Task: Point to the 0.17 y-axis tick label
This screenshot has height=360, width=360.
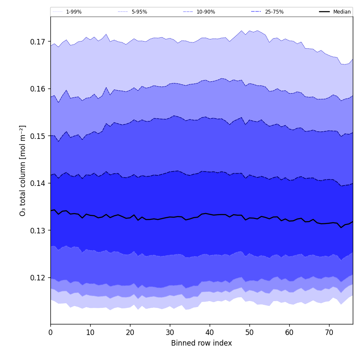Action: [x=38, y=42]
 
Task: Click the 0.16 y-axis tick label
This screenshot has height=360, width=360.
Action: [x=38, y=89]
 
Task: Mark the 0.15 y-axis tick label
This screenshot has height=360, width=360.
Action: [x=38, y=136]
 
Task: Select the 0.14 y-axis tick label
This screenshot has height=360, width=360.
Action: [x=38, y=183]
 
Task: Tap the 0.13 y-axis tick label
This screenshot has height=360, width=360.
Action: [x=38, y=231]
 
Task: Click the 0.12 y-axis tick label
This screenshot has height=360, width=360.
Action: [x=38, y=278]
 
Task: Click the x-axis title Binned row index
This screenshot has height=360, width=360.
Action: [x=202, y=343]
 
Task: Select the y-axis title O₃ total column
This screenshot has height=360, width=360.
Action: [x=23, y=170]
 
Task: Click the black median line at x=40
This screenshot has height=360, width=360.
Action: [x=210, y=214]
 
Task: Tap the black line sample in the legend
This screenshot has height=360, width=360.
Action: [x=325, y=12]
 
